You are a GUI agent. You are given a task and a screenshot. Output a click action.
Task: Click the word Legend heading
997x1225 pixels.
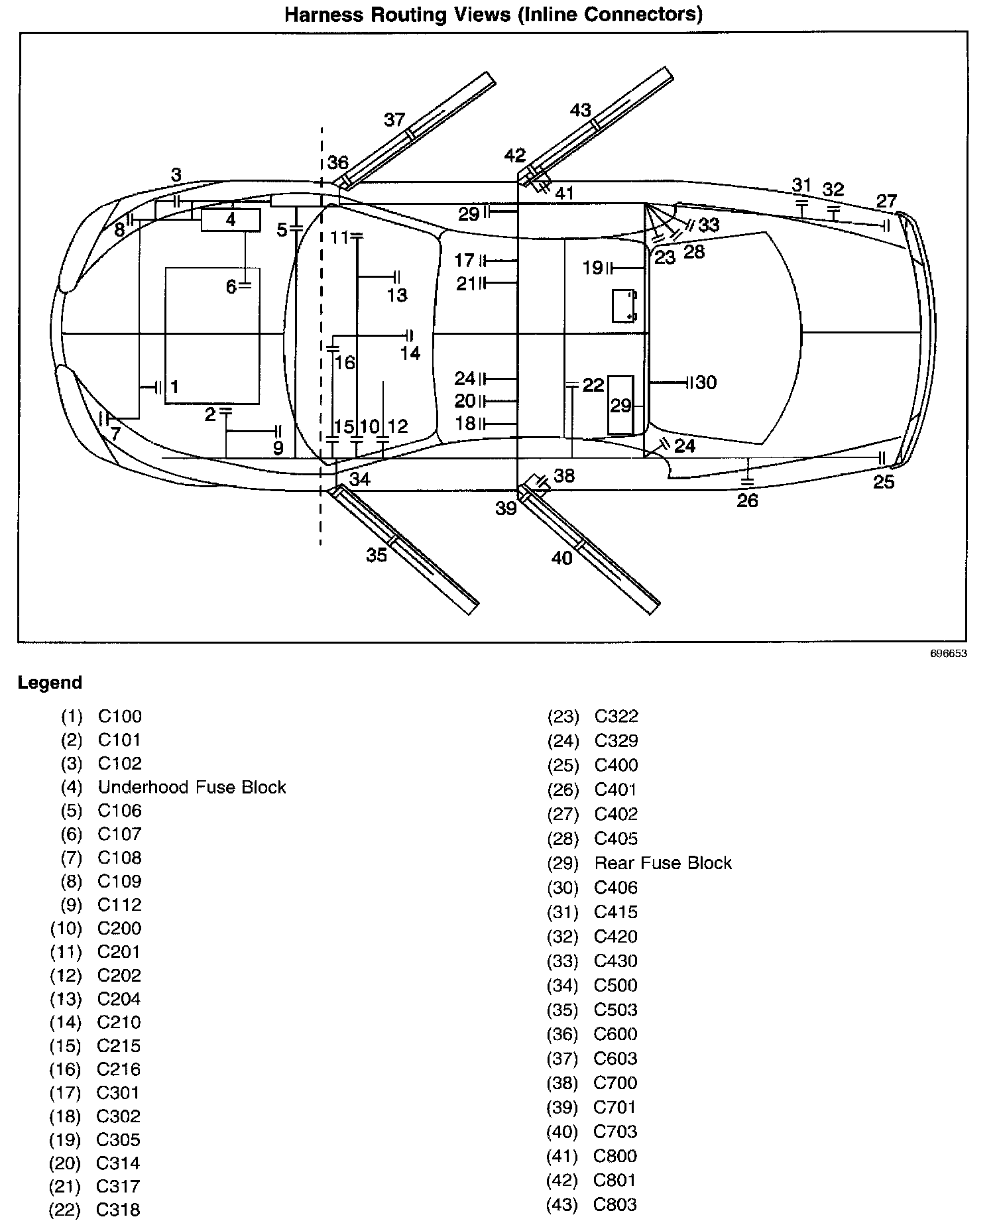(x=50, y=683)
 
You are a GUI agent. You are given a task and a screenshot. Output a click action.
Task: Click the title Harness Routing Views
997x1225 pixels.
(x=493, y=14)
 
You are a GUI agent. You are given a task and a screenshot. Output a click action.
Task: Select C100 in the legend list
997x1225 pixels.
(x=120, y=717)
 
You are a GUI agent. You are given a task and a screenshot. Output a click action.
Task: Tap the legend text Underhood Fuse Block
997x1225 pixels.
(x=192, y=787)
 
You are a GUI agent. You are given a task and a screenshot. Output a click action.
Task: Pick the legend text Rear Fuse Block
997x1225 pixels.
(x=663, y=863)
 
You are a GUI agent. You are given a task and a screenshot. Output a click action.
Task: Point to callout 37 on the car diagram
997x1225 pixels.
(x=394, y=120)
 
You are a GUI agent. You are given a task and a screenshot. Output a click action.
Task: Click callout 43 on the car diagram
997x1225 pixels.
(x=581, y=110)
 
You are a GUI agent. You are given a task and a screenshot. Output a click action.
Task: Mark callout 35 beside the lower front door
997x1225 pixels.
(x=377, y=555)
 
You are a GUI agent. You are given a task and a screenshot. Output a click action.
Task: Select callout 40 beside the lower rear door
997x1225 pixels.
(x=562, y=559)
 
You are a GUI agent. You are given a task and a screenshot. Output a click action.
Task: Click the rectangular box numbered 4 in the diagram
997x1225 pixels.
(x=231, y=219)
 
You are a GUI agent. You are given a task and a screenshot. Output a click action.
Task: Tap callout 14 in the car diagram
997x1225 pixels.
(x=410, y=353)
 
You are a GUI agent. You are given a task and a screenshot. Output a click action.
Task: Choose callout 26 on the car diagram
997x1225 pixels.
(x=747, y=500)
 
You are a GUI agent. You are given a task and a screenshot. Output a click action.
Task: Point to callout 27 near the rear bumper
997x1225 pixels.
(x=886, y=201)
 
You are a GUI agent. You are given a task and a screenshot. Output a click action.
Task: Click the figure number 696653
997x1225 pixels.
(x=949, y=654)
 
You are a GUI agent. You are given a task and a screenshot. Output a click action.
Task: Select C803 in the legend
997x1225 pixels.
(x=615, y=1204)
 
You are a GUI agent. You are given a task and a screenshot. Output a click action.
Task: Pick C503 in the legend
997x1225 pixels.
(x=616, y=1010)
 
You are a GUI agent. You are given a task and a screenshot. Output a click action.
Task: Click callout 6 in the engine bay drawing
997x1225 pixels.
(x=231, y=287)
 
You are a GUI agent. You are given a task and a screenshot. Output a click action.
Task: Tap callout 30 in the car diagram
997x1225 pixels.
(x=707, y=382)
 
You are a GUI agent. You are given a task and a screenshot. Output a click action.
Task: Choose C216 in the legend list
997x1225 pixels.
(x=119, y=1069)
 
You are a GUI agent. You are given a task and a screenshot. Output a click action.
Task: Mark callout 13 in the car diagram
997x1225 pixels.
(x=397, y=295)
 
